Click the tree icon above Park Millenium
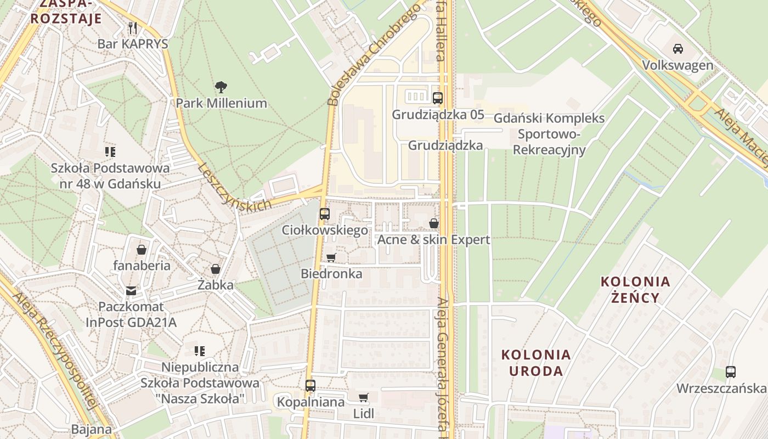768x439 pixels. click(221, 87)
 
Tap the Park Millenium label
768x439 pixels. click(221, 103)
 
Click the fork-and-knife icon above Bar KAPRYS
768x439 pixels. click(132, 27)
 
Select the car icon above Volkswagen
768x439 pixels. click(678, 49)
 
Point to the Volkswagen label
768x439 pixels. click(678, 65)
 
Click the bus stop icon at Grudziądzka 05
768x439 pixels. click(437, 98)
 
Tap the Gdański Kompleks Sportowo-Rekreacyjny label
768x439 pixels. click(549, 134)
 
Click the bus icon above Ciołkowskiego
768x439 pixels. click(325, 214)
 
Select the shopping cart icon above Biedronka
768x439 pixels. click(331, 257)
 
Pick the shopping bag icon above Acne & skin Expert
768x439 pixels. click(433, 223)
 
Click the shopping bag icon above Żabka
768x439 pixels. click(216, 269)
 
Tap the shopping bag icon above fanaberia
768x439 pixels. click(142, 250)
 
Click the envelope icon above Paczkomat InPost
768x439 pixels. click(131, 290)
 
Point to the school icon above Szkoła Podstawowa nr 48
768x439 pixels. click(110, 151)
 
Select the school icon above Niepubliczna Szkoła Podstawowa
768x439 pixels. click(200, 351)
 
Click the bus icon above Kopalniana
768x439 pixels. click(310, 386)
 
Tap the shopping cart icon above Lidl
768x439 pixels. click(363, 397)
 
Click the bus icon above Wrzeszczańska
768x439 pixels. click(730, 372)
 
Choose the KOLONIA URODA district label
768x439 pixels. click(536, 363)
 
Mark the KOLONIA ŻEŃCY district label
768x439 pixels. click(635, 290)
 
